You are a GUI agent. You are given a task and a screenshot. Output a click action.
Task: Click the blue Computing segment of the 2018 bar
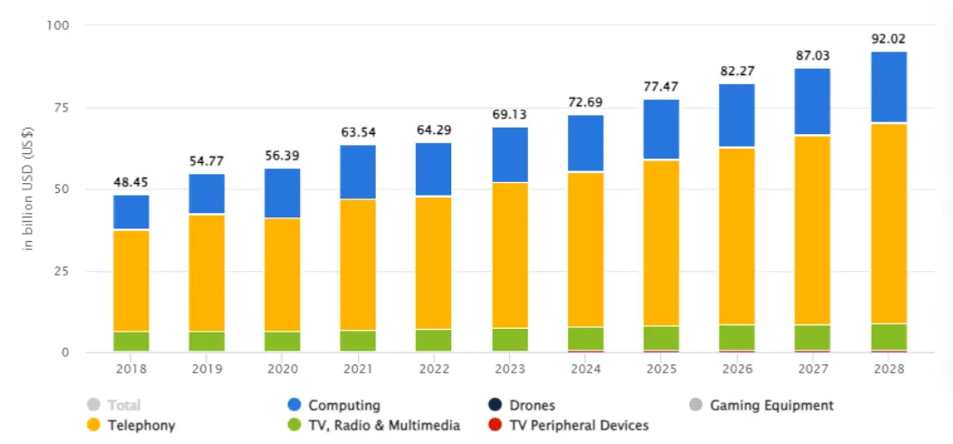tap(131, 212)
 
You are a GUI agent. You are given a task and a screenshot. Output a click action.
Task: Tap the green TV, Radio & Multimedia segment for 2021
tap(359, 341)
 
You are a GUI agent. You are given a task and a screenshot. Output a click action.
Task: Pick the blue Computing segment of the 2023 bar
tap(510, 154)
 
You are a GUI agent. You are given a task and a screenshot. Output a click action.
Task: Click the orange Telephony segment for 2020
tap(283, 275)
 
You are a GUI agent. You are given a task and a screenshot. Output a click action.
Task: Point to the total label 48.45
tap(131, 182)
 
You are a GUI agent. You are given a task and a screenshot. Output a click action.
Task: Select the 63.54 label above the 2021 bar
tap(359, 132)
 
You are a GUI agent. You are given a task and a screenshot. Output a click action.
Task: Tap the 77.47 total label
tap(661, 87)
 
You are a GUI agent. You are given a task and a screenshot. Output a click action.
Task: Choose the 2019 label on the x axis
tap(207, 370)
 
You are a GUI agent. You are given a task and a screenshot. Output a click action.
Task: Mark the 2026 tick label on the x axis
tap(737, 370)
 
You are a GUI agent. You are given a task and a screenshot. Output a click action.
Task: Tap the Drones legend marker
tap(496, 405)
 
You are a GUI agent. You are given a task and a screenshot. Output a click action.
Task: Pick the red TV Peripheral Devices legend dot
tap(496, 425)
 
